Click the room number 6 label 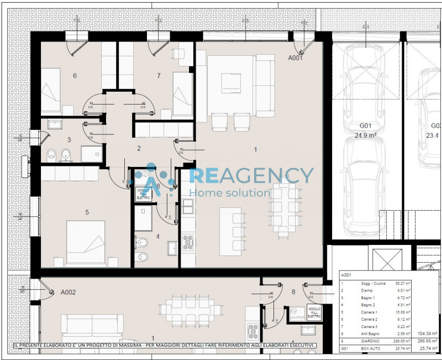click(x=75, y=76)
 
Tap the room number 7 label click(x=159, y=76)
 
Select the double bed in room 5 click(x=86, y=242)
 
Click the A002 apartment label click(x=68, y=292)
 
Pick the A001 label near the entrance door click(x=296, y=58)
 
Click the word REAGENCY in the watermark click(x=251, y=176)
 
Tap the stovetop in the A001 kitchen click(x=188, y=242)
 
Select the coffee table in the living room click(x=231, y=84)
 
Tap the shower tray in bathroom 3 click(x=90, y=153)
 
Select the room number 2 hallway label click(x=139, y=148)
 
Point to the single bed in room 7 click(x=182, y=91)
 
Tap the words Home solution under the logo click(x=229, y=192)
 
